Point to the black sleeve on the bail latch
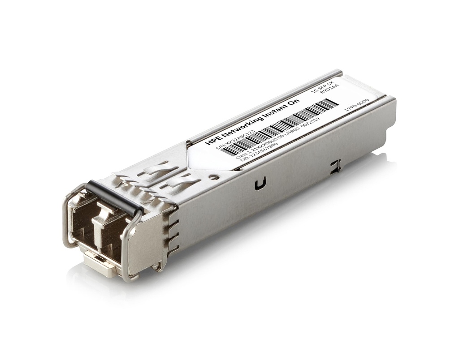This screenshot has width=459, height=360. pos(114,197)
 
